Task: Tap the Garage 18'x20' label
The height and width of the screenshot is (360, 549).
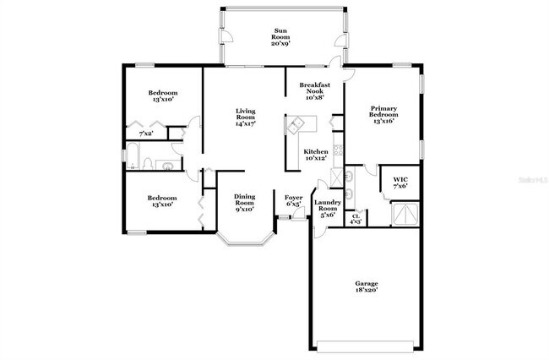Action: (366, 286)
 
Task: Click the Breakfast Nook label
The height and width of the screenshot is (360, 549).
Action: (313, 90)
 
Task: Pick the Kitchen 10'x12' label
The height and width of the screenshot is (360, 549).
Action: (315, 155)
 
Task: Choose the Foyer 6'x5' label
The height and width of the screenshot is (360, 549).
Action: (294, 200)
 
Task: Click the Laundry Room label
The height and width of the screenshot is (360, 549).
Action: (327, 209)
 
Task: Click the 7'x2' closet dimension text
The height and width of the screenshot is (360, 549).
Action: (146, 134)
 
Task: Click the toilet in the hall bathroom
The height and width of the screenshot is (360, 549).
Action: (147, 163)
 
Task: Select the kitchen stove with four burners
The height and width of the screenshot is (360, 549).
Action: (338, 152)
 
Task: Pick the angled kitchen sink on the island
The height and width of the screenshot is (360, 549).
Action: (296, 125)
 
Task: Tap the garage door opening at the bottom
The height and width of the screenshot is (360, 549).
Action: (366, 344)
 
